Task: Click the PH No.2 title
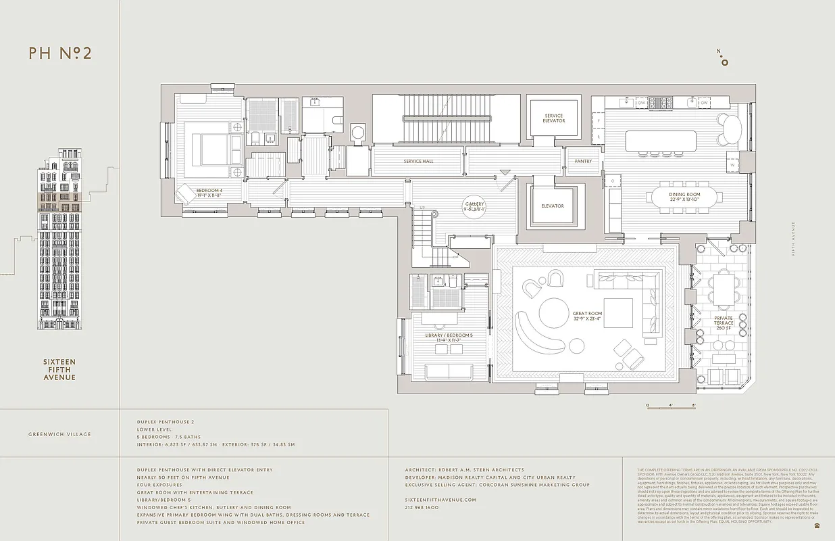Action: click(x=60, y=53)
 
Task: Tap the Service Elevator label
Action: click(x=553, y=118)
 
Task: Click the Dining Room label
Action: click(x=685, y=197)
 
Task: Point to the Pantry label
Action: click(x=583, y=162)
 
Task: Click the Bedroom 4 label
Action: click(x=209, y=192)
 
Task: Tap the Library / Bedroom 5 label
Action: click(x=449, y=337)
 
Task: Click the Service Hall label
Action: click(x=418, y=162)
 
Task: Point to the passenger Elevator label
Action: click(x=552, y=206)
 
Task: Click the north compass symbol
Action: click(x=724, y=60)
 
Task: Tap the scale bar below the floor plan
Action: click(x=671, y=406)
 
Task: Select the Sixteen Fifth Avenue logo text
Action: click(x=59, y=370)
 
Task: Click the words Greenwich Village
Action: click(x=59, y=434)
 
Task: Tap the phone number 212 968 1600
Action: click(x=422, y=507)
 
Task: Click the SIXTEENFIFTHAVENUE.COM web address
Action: click(x=440, y=500)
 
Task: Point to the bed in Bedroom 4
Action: click(x=216, y=145)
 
